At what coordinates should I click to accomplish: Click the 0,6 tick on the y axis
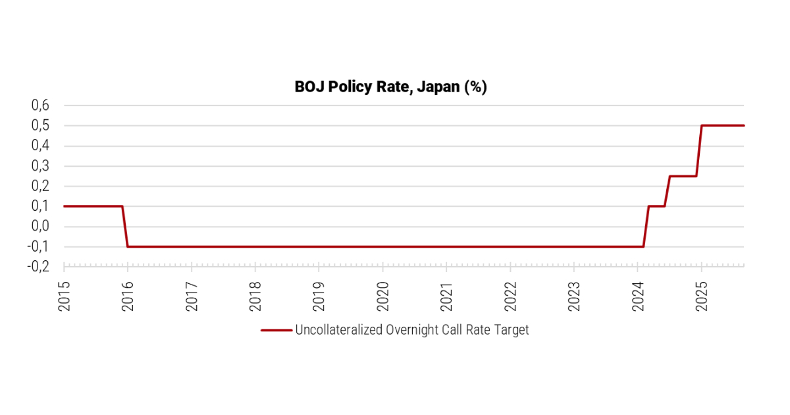(x=40, y=105)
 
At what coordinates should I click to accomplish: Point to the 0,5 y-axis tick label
(x=40, y=126)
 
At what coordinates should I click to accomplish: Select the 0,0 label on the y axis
(x=40, y=227)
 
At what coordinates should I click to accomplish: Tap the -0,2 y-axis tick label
(x=38, y=267)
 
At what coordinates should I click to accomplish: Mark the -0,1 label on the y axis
(x=38, y=247)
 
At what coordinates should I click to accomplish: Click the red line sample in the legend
(x=276, y=330)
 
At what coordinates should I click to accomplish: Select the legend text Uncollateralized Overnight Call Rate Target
(x=412, y=330)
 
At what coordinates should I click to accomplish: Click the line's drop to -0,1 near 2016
(x=125, y=227)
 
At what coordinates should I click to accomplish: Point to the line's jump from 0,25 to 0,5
(x=699, y=151)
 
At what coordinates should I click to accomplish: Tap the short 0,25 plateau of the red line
(x=683, y=176)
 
